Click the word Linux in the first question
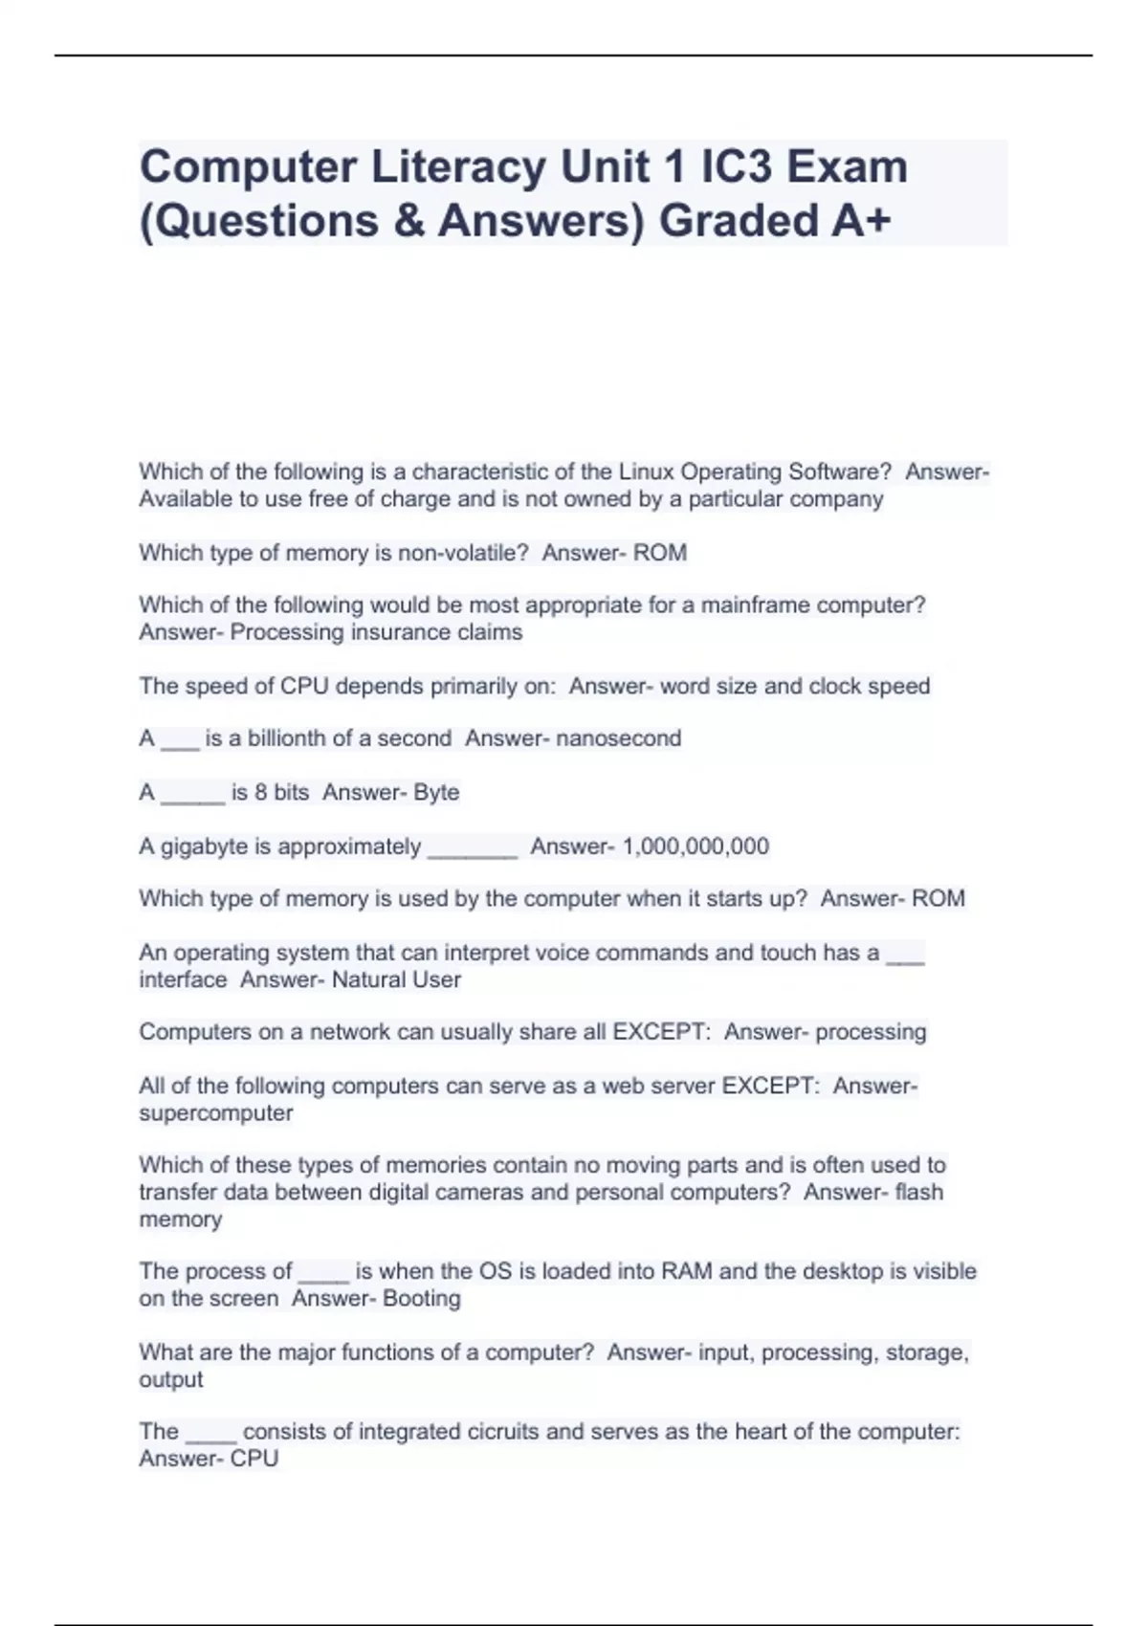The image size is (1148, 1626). pyautogui.click(x=647, y=472)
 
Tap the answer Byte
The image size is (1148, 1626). pyautogui.click(x=436, y=792)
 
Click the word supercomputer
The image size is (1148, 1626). pyautogui.click(x=216, y=1113)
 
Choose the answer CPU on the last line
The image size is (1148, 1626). pyautogui.click(x=254, y=1459)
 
